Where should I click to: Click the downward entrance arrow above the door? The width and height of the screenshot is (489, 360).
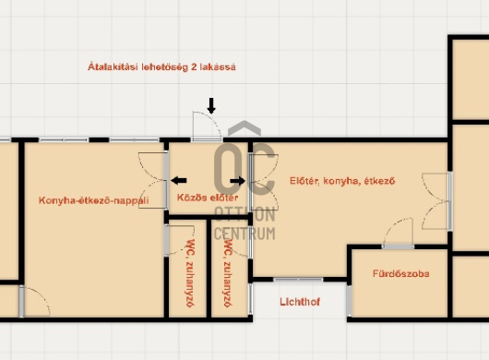[x=211, y=106]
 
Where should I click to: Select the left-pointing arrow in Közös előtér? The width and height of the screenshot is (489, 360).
[x=179, y=180]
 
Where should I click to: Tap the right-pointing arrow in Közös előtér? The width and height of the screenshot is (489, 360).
[x=237, y=181]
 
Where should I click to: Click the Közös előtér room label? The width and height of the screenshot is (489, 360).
[x=208, y=198]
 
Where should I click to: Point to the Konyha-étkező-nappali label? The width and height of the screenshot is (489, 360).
[x=93, y=200]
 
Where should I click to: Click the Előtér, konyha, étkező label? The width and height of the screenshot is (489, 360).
[x=342, y=181]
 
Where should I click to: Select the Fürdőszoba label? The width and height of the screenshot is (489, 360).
[x=401, y=273]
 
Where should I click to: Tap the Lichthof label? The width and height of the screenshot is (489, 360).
[x=300, y=302]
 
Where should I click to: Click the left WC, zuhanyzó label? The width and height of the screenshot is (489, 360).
[x=190, y=273]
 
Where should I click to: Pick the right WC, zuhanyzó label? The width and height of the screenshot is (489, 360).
[x=228, y=273]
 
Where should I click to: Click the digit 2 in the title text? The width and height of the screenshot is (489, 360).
[x=194, y=67]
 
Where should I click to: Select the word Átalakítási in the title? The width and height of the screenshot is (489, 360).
[x=113, y=67]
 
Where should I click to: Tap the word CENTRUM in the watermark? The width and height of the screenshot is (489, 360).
[x=244, y=234]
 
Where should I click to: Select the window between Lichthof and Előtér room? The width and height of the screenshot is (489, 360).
[x=298, y=279]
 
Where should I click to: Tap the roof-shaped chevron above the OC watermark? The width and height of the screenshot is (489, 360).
[x=244, y=128]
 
